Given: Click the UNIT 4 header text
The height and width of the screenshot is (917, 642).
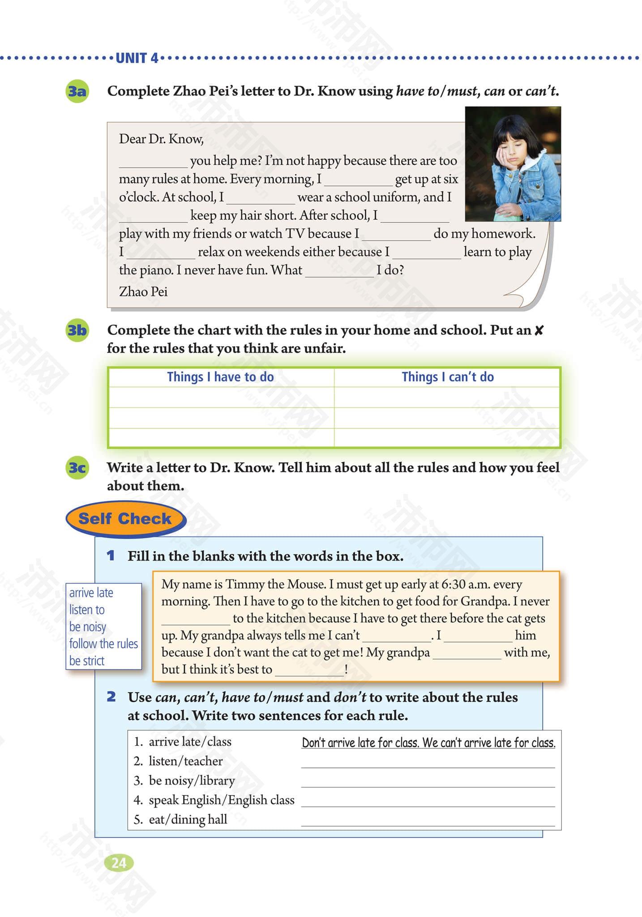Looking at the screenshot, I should coord(137,58).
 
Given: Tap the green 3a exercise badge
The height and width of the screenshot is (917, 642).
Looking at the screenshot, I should coord(77,92).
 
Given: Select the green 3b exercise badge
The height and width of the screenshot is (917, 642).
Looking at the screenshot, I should coord(77,330).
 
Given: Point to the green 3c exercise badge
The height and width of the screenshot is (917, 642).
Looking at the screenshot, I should coord(77,468).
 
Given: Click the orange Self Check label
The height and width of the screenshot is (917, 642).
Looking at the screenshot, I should coord(125,519).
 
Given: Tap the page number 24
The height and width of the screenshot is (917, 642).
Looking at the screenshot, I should coord(119,862).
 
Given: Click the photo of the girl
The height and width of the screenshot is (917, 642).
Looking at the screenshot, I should coord(513,164).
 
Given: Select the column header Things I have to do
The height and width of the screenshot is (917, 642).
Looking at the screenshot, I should coord(220,377).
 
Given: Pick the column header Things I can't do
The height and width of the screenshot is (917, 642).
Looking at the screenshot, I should coord(447,377).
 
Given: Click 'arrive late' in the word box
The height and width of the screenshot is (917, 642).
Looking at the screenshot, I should coord(91,593).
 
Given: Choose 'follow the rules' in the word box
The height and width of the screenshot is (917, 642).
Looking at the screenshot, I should coord(103,644).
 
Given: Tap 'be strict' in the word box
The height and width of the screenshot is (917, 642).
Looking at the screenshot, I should coord(87,661).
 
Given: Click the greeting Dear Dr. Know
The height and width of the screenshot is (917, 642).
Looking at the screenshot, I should coord(161,139).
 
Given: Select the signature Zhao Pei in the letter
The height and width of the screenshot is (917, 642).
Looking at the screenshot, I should coord(143,292).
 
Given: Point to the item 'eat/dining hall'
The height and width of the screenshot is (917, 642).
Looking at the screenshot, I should coord(188,819).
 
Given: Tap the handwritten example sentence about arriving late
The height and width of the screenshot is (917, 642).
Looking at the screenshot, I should coord(428,743).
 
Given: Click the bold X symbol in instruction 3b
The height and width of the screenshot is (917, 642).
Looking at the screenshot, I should coord(539,330).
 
